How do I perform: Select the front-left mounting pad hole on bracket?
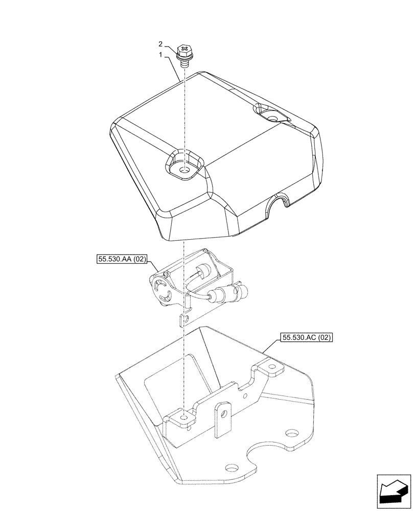(x=183, y=417)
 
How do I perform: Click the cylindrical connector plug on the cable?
(x=225, y=294)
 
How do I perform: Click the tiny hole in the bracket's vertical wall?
(x=246, y=395)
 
